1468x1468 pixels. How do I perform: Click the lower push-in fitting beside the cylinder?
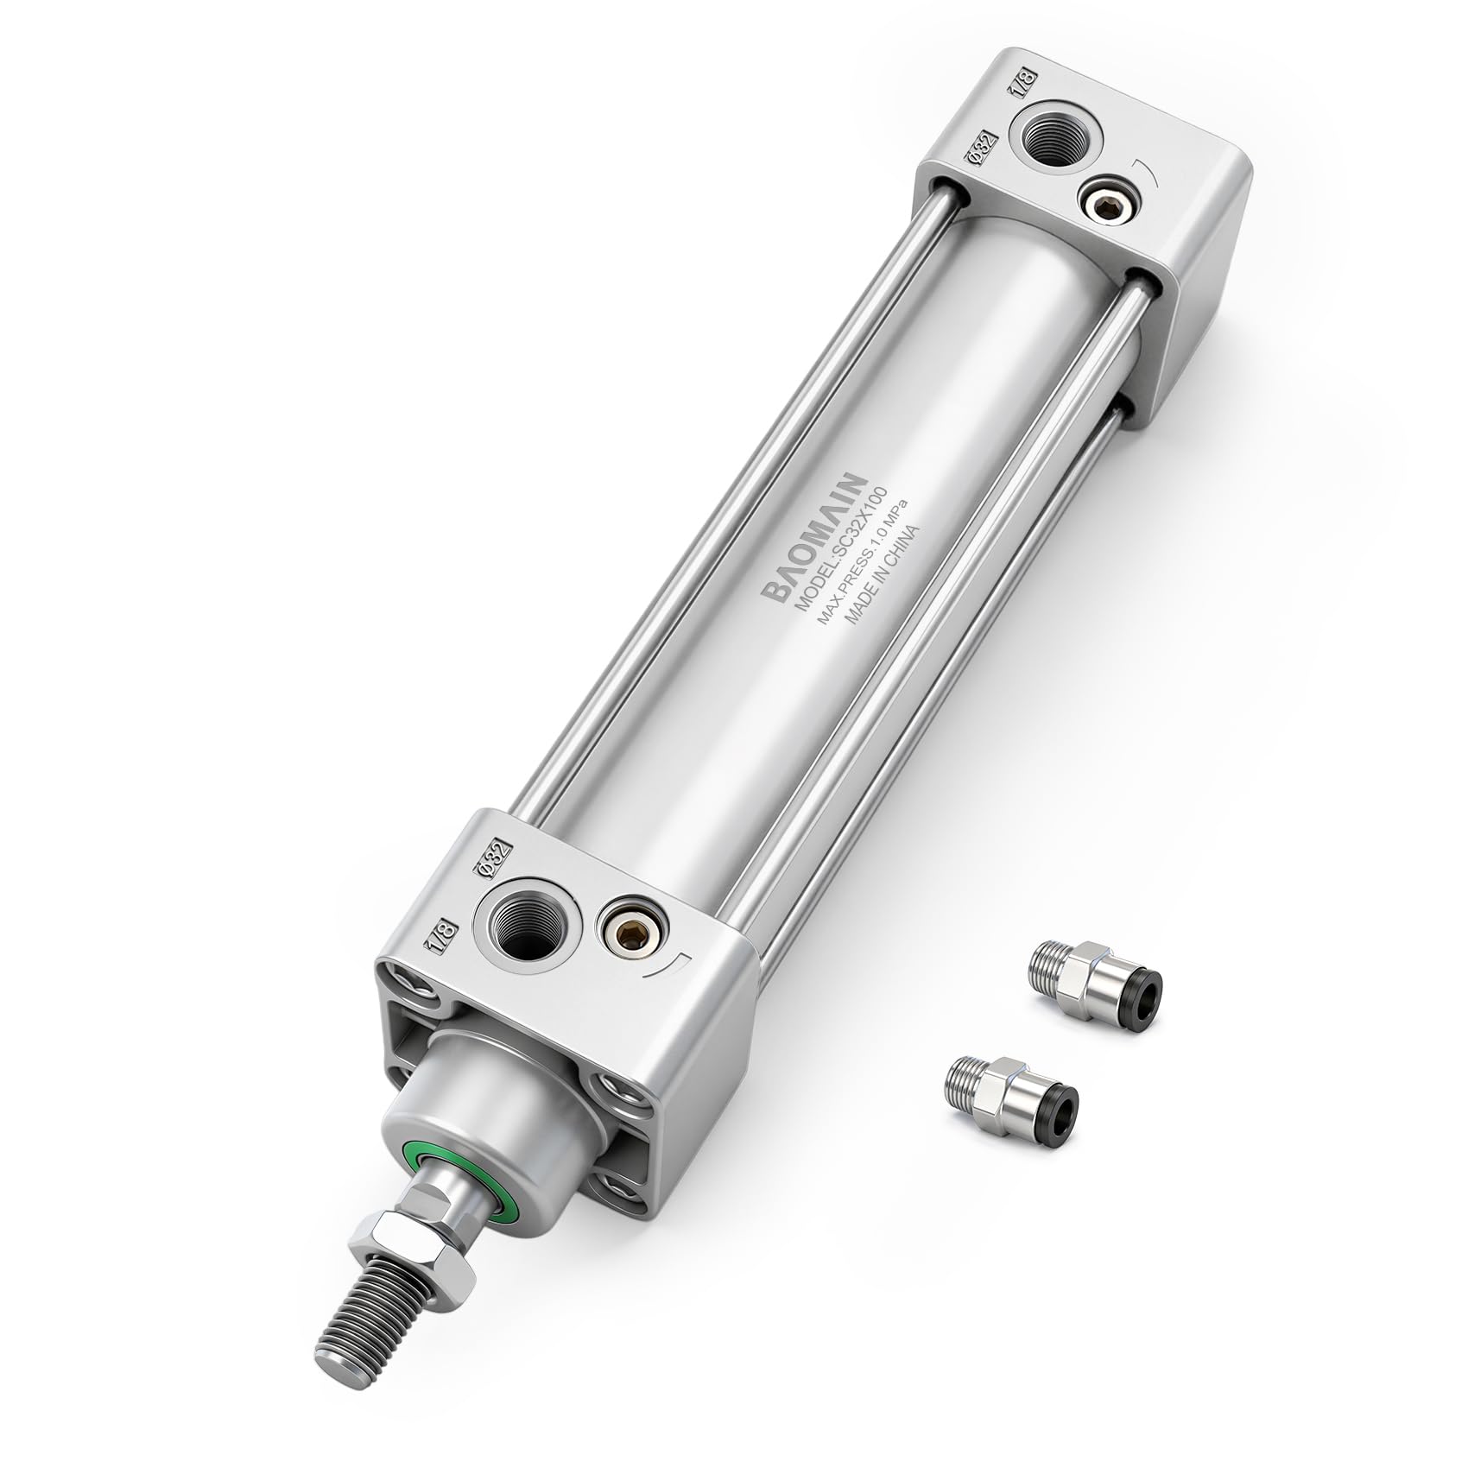tap(1010, 1090)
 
